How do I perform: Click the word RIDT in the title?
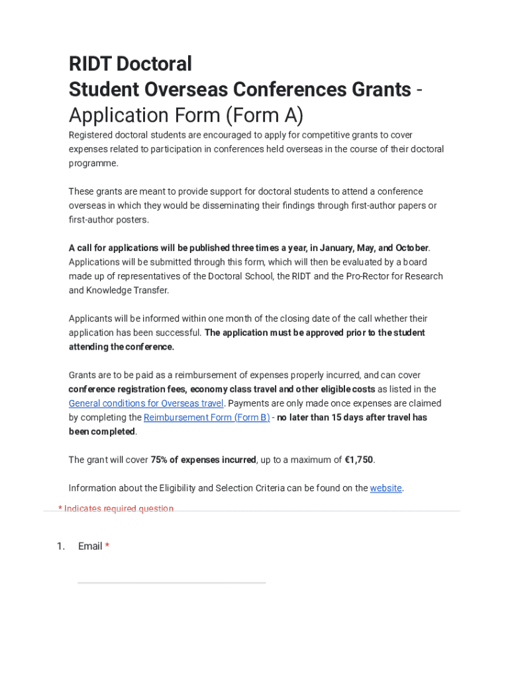(90, 64)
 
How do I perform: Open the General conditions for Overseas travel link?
(146, 403)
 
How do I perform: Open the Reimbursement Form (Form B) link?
(207, 417)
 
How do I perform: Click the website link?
(385, 488)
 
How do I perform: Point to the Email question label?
(90, 546)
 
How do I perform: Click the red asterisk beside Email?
(107, 546)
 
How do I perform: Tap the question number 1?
(60, 546)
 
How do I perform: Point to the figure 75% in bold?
(160, 460)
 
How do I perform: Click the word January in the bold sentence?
(336, 248)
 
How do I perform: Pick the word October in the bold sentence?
(412, 248)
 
